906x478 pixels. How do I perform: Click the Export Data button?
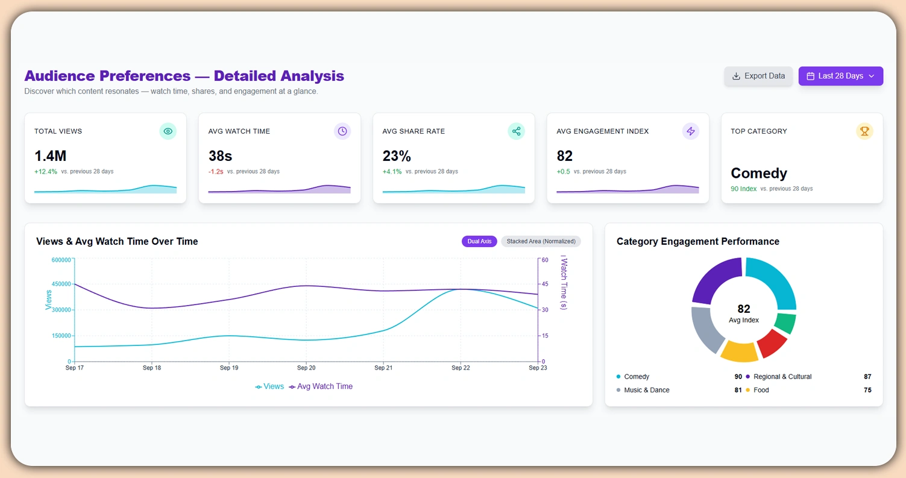pos(758,76)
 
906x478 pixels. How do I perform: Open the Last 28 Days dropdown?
pos(840,76)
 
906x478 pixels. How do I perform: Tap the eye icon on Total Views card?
pos(168,131)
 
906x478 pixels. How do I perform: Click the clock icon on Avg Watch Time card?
pos(342,131)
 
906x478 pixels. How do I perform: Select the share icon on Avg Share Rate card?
pos(516,131)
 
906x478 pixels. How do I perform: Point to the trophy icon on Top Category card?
pos(864,131)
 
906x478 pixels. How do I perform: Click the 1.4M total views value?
pos(51,156)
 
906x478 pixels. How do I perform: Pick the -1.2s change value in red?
pos(216,172)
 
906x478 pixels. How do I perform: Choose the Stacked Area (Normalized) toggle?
pos(541,242)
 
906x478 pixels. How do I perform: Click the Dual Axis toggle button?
pos(479,242)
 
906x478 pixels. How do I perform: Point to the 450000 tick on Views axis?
pos(60,284)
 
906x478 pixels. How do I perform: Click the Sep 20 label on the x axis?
pos(306,368)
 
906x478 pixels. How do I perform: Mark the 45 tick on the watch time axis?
pos(545,285)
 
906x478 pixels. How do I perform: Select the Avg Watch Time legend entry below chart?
pos(321,386)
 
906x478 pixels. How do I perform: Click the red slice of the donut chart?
pos(772,343)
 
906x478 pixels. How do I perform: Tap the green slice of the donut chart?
pos(785,323)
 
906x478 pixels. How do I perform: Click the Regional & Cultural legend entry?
pos(782,377)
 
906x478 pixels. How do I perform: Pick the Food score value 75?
pos(867,390)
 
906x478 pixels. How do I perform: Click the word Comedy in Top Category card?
pos(759,174)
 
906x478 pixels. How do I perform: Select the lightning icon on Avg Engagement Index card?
pos(691,131)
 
